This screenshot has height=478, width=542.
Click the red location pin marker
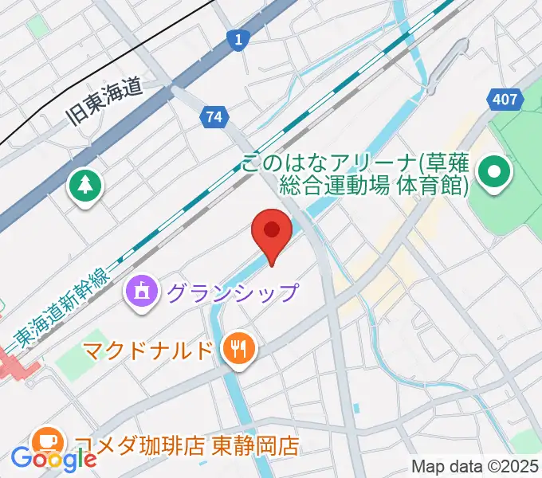(x=272, y=232)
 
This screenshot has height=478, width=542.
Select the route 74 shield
(x=213, y=116)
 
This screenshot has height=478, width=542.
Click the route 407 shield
(x=505, y=100)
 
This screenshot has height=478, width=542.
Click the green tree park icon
(x=84, y=186)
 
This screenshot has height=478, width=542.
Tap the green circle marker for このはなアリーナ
(x=494, y=172)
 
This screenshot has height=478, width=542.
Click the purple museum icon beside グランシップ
(x=143, y=291)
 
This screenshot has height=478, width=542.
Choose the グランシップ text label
(x=232, y=292)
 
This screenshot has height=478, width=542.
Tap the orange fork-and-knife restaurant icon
(x=238, y=347)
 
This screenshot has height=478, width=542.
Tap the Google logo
(x=53, y=459)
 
